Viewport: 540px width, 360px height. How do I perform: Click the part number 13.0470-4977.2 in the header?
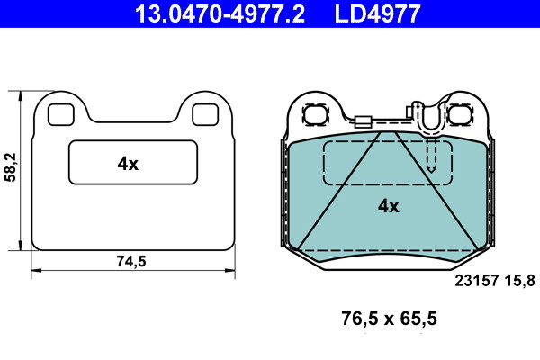tap(220, 13)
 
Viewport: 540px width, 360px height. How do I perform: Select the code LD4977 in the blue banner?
tap(377, 13)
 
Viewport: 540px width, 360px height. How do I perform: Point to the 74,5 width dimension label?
tap(131, 261)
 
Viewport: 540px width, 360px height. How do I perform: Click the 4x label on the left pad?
tap(128, 164)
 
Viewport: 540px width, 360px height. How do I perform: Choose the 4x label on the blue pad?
tap(389, 206)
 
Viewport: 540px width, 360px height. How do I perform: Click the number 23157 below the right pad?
tap(477, 281)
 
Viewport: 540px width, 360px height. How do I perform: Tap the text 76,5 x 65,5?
tap(389, 319)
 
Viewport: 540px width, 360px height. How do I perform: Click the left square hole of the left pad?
tap(61, 114)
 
